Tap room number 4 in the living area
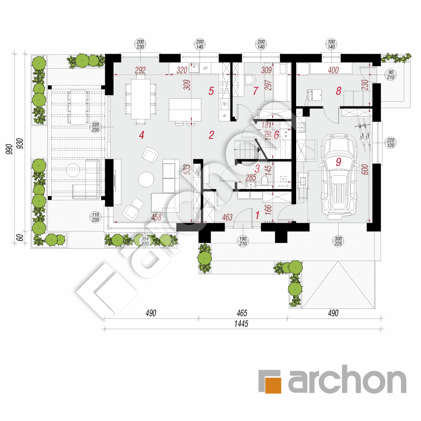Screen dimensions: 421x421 tap(142, 134)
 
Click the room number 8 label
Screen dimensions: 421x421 tap(339, 90)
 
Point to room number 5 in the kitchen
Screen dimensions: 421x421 tap(211, 90)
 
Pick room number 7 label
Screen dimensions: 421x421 tap(255, 90)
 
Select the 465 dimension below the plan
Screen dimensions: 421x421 tap(241, 313)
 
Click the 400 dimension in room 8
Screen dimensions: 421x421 tap(333, 71)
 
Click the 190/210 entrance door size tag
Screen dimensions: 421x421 tap(242, 240)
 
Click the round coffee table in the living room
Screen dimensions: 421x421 tap(146, 179)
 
